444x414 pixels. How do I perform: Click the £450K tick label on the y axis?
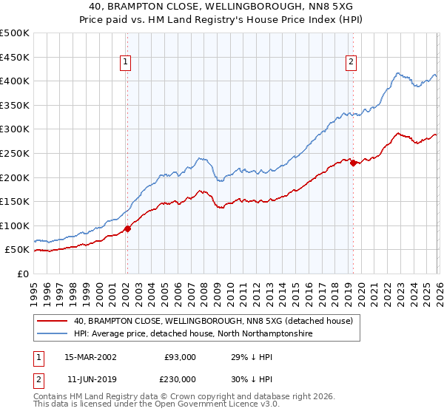click(x=15, y=57)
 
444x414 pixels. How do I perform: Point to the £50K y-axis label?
click(x=17, y=250)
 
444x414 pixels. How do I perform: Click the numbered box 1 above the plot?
click(x=127, y=63)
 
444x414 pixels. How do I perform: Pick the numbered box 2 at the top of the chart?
click(x=351, y=63)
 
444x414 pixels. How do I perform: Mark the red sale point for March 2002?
click(x=127, y=229)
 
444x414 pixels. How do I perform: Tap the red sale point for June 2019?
click(x=353, y=163)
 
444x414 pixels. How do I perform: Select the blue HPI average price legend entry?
click(x=192, y=334)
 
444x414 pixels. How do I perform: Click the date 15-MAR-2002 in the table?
click(x=90, y=357)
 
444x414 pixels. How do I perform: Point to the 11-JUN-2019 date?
click(x=90, y=379)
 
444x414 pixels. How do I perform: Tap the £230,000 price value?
click(x=178, y=379)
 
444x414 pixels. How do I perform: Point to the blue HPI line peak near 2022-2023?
click(x=398, y=73)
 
